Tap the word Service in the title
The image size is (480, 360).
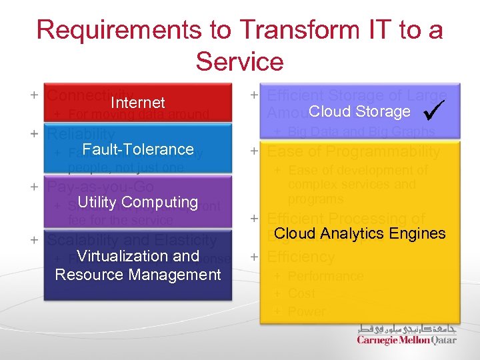click(x=239, y=61)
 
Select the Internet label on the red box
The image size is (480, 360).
click(x=137, y=103)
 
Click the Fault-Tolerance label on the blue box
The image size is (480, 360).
click(x=137, y=149)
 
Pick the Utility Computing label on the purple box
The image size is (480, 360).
click(x=137, y=202)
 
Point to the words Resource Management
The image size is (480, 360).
click(x=137, y=274)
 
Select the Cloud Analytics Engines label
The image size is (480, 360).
click(x=359, y=233)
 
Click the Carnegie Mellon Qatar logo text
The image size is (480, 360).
click(x=407, y=340)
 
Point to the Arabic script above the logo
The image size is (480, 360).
click(x=407, y=329)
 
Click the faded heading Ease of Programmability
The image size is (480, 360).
click(x=353, y=152)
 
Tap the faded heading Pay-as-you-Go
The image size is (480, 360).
click(x=100, y=187)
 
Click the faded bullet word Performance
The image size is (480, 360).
click(x=325, y=276)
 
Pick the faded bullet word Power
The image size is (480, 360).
click(x=307, y=311)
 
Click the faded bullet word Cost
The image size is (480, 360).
click(x=301, y=293)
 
